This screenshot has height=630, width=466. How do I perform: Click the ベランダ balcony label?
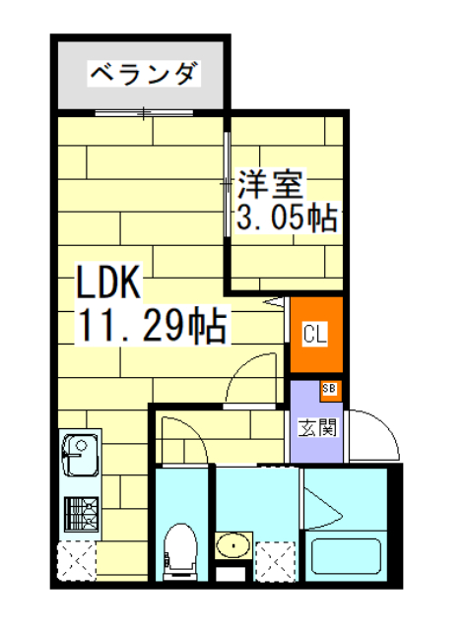point(144,74)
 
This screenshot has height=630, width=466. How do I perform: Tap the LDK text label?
point(110,283)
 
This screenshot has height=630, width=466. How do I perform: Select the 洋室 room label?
point(273,184)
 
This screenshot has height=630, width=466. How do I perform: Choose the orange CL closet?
point(315,335)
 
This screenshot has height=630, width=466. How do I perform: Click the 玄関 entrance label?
point(317,427)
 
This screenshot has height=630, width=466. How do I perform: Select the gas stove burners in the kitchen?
point(78,513)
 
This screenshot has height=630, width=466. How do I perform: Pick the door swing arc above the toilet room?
point(182,438)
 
